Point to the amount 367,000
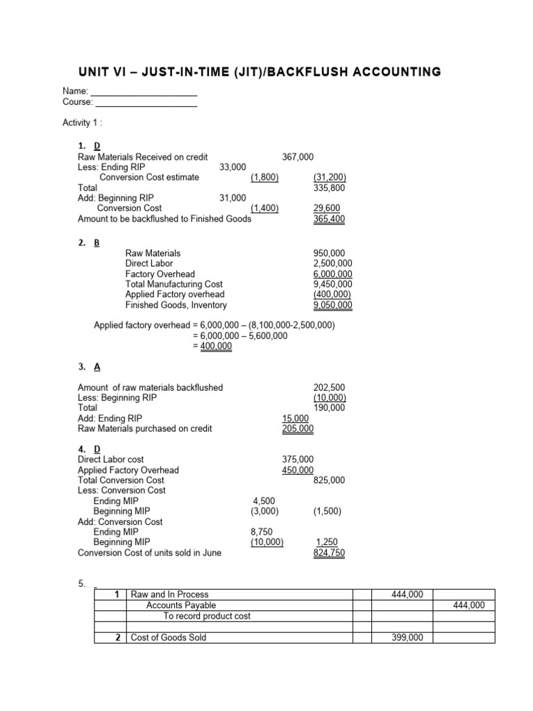coord(298,157)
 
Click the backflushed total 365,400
coord(330,219)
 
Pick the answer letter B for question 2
coord(97,243)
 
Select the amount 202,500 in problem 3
coord(330,387)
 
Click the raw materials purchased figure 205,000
coord(298,429)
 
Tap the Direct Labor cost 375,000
coord(298,460)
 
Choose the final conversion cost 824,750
coord(330,553)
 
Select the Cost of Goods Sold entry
coord(169,637)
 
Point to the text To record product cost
coord(207,616)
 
